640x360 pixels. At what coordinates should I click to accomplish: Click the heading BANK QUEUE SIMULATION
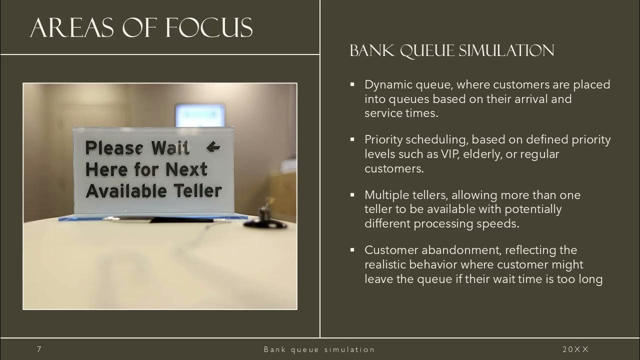coord(452,50)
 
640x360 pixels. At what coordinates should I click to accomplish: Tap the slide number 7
coord(39,349)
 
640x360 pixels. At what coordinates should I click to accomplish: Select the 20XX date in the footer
coord(576,349)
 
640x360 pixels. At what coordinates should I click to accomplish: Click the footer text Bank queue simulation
coord(319,349)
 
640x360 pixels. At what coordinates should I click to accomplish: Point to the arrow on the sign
coord(213,146)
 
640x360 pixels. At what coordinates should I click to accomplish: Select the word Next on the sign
coord(186,169)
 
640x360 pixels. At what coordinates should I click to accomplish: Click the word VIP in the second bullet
coord(450,154)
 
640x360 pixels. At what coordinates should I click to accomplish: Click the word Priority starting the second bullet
coord(384,139)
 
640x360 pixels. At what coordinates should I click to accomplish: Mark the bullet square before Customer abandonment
coord(352,249)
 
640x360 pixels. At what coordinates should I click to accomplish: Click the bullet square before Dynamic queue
coord(352,84)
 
